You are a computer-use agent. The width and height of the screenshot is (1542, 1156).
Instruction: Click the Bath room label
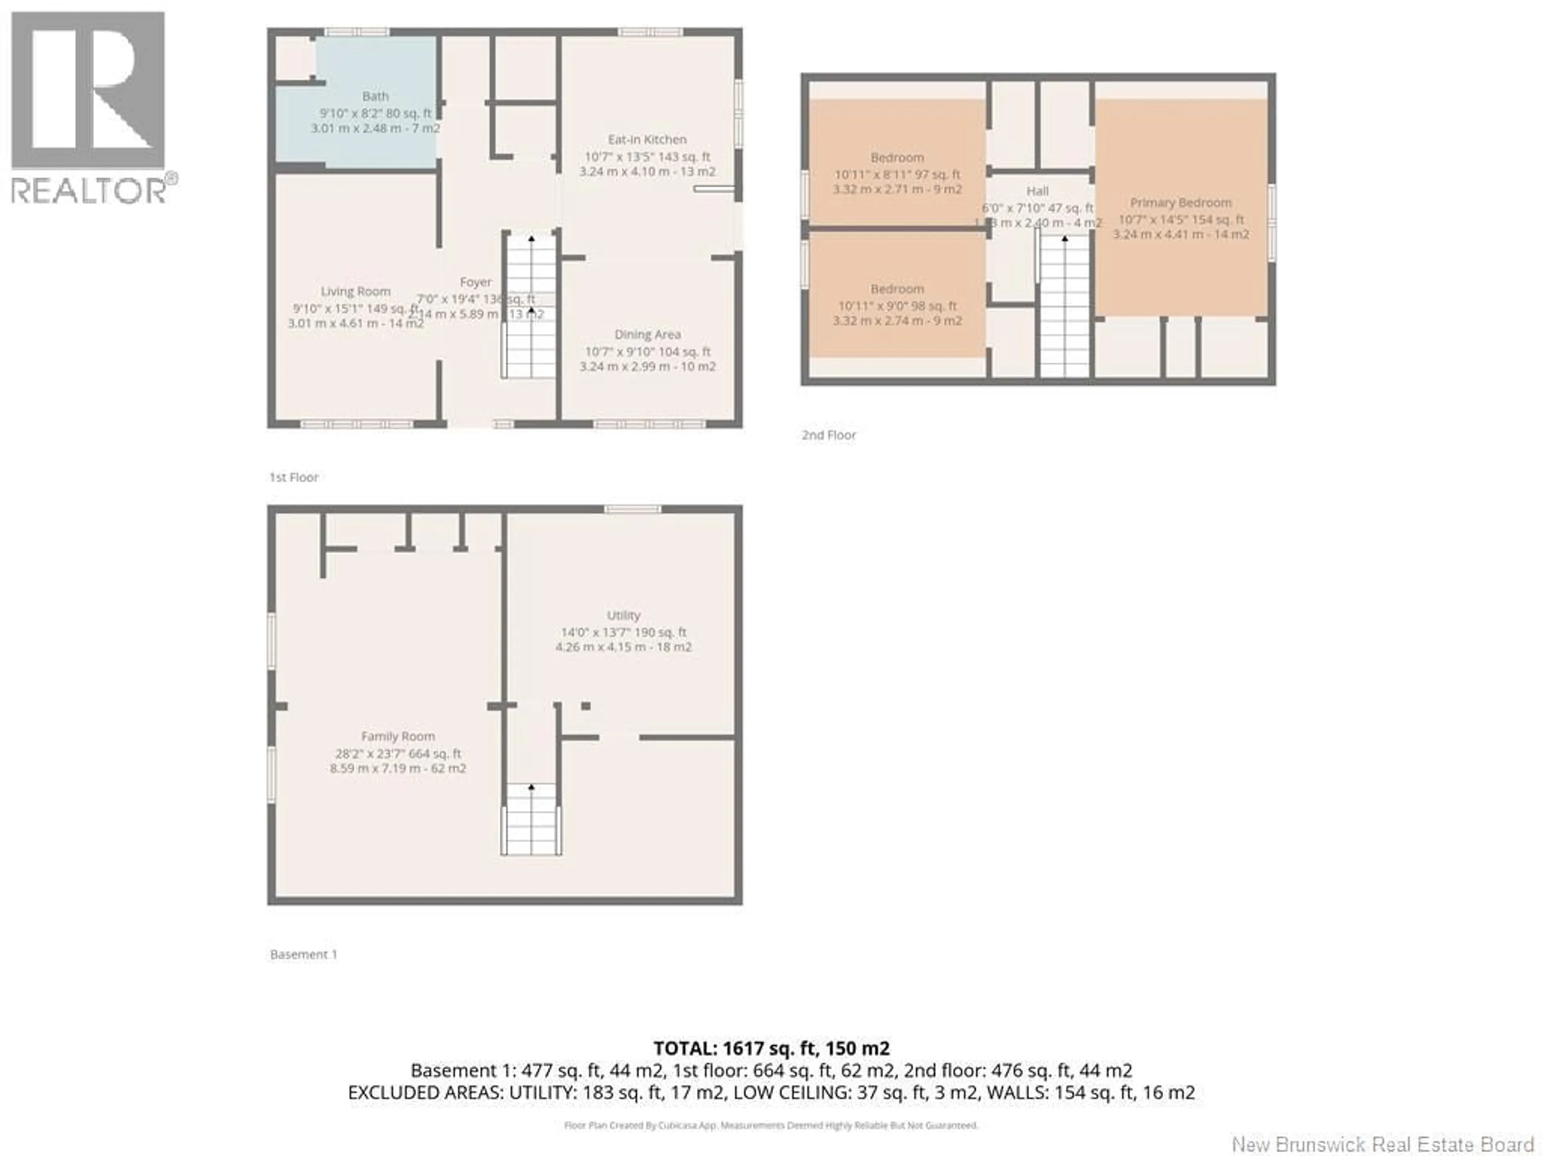pos(375,96)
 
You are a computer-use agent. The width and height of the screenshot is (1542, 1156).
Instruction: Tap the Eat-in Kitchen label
pos(647,139)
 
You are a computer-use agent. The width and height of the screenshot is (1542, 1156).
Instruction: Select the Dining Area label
pos(647,334)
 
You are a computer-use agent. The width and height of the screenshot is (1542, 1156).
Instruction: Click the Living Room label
pos(355,291)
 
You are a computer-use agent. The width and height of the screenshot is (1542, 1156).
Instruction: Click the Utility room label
pos(623,615)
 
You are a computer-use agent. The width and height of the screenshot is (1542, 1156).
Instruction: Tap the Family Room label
pos(398,737)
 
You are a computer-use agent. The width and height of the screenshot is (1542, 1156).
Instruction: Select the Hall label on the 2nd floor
pos(1037,191)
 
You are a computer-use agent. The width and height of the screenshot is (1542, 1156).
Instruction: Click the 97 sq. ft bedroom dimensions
pos(897,174)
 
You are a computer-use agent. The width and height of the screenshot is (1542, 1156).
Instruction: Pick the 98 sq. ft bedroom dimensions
pos(897,306)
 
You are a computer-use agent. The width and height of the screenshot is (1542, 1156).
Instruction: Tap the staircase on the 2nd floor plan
pos(1065,307)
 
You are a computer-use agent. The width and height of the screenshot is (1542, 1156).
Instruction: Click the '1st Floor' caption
pos(294,477)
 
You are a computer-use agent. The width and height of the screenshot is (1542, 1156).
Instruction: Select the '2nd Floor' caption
pos(828,435)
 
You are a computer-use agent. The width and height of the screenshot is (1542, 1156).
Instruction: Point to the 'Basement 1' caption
pos(303,955)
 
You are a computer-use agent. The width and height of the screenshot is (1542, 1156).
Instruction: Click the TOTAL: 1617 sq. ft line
pos(771,1048)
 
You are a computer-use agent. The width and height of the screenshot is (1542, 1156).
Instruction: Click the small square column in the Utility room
pos(585,706)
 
